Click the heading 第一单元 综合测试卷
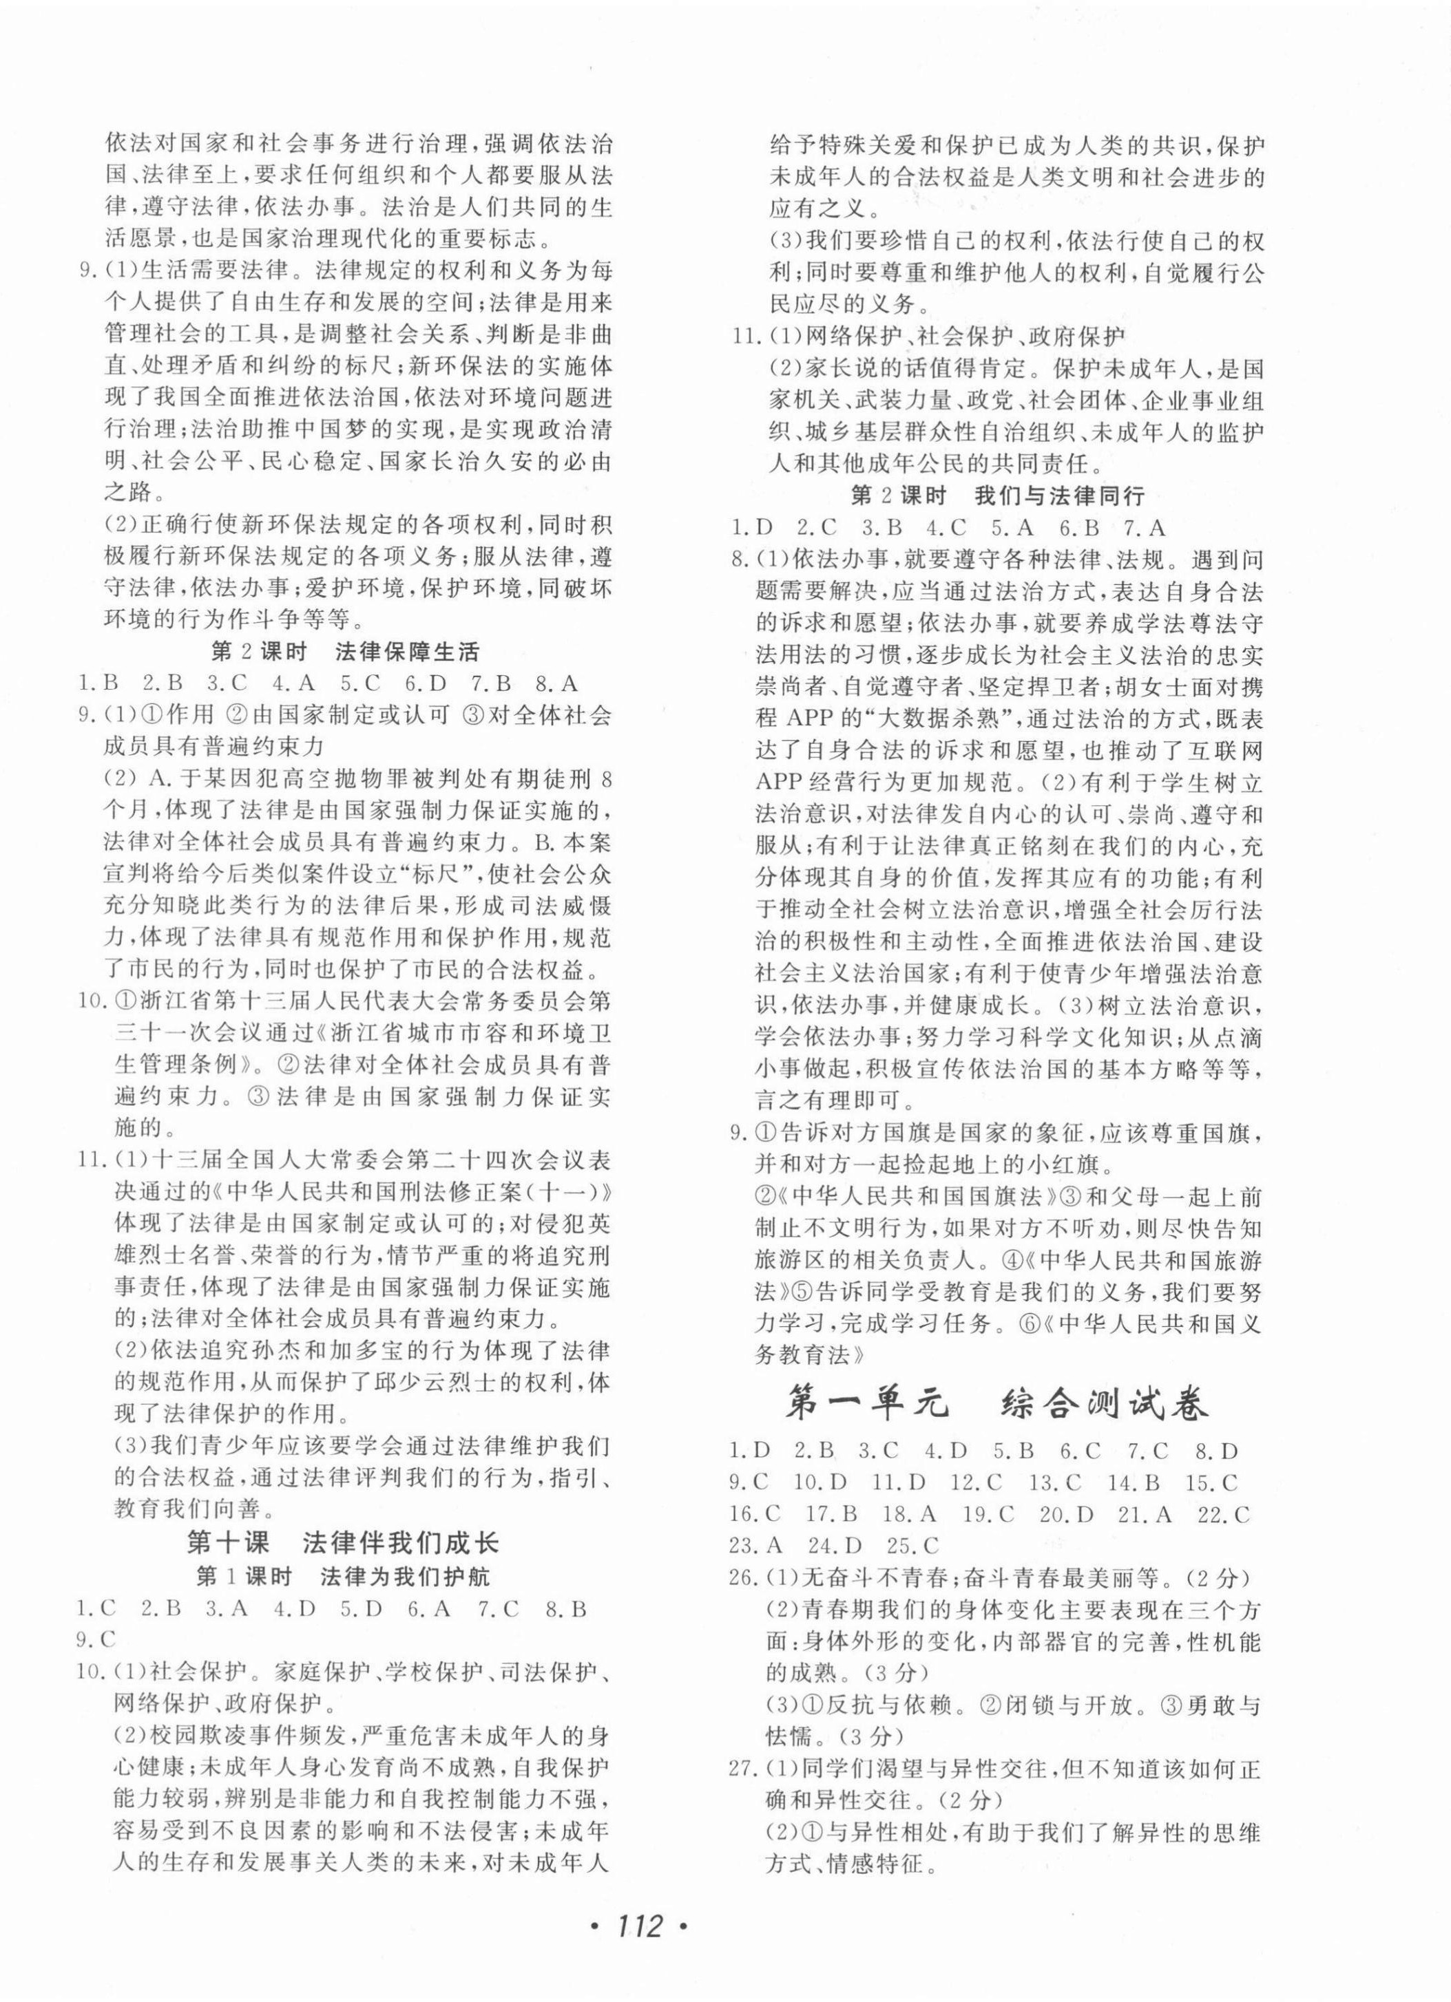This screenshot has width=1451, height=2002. click(997, 1403)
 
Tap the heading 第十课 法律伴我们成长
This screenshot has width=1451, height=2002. click(344, 1542)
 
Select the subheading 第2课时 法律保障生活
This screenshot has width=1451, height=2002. click(345, 652)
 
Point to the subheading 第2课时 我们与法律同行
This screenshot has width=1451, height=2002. click(997, 496)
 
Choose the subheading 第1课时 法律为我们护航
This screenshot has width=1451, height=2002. click(344, 1575)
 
